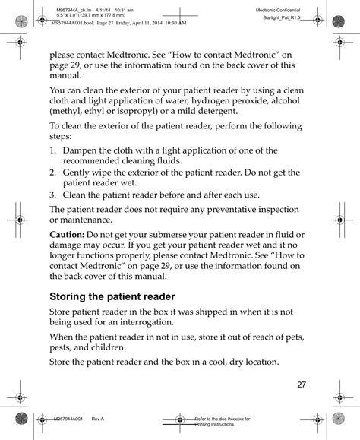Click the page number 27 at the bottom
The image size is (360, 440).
301,384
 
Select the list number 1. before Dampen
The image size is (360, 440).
54,150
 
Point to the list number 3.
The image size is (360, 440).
54,194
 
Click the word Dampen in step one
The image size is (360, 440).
82,150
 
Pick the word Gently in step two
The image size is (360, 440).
79,173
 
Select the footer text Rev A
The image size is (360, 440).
98,419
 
